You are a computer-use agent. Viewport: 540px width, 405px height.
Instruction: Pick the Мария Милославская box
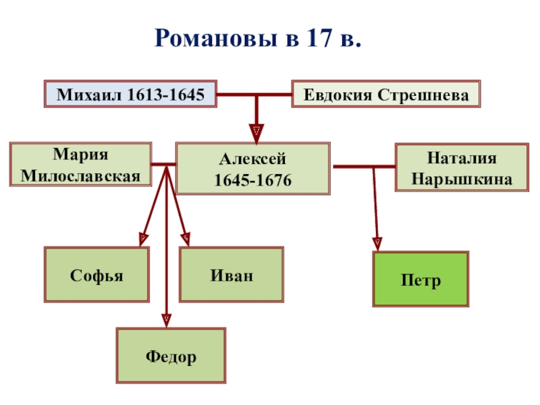(x=80, y=165)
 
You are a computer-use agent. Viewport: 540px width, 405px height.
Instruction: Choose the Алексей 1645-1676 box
(x=252, y=169)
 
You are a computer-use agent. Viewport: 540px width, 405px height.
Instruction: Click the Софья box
(x=97, y=275)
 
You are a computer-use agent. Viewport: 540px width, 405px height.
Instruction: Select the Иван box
(x=232, y=275)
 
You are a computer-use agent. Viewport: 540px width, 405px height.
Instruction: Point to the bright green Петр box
(x=421, y=279)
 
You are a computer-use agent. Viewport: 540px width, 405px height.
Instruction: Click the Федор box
(x=171, y=356)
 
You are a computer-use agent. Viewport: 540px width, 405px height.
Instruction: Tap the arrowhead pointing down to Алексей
(x=256, y=131)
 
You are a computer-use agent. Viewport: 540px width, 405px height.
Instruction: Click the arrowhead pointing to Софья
(x=143, y=238)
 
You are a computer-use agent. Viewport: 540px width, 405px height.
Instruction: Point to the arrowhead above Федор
(x=166, y=316)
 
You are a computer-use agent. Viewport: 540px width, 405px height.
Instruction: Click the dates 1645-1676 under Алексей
(x=252, y=181)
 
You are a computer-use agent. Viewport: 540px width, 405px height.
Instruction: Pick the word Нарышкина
(x=462, y=180)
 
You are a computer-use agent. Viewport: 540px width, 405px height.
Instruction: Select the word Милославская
(x=80, y=177)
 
